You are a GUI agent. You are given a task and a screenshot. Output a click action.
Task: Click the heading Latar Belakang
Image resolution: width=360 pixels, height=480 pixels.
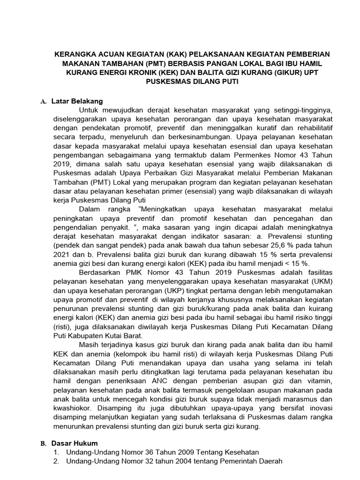tap(77, 101)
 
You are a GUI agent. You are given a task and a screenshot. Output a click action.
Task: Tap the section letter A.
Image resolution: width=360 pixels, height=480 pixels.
tap(43, 101)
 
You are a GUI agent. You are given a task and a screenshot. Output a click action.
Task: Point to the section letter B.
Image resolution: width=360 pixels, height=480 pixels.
tap(43, 443)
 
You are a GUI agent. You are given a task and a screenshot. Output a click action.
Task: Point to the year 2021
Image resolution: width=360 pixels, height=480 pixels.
tap(62, 255)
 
